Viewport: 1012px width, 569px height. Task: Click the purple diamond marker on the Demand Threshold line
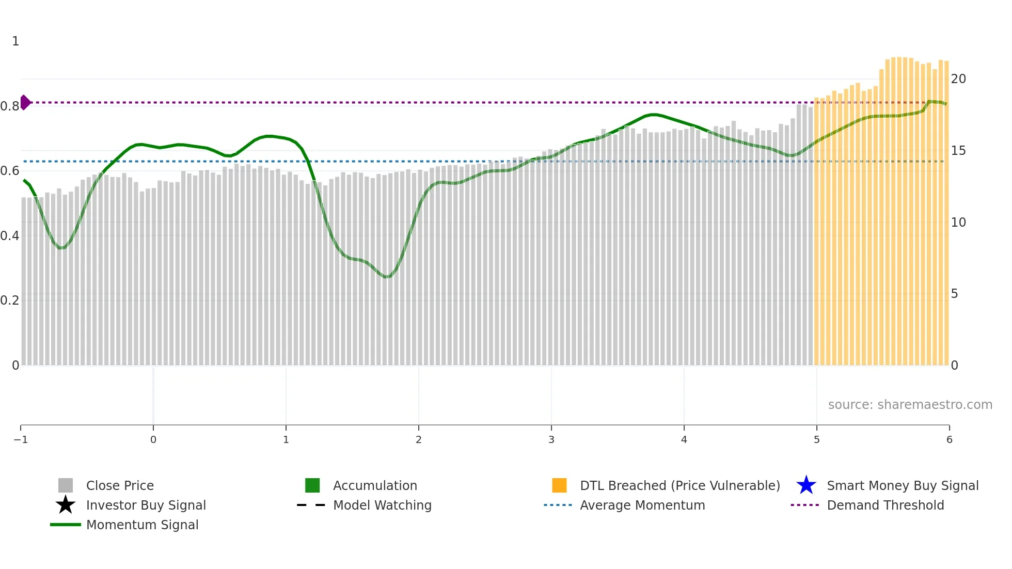(25, 102)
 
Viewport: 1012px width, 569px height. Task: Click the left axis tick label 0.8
(10, 106)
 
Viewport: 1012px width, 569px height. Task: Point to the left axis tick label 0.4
(10, 236)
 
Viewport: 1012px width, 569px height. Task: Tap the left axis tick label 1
(15, 41)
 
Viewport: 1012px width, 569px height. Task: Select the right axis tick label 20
(958, 79)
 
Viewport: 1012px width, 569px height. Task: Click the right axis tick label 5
(954, 294)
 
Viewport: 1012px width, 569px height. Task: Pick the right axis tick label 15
(958, 151)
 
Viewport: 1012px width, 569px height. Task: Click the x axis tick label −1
(21, 440)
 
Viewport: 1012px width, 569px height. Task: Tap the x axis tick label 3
(551, 440)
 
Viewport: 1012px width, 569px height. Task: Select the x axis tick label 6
(949, 440)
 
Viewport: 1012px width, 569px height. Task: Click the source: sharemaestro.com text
(910, 405)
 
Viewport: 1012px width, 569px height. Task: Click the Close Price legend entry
(120, 486)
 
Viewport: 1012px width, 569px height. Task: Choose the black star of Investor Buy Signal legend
(66, 505)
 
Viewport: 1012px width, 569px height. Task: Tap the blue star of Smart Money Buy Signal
(806, 485)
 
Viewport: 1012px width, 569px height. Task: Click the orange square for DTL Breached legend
(559, 485)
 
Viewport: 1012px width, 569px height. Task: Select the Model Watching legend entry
(382, 505)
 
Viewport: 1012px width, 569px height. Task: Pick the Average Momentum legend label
(642, 505)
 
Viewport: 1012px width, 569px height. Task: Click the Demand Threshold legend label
(885, 505)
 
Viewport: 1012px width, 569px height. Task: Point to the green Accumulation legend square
(312, 485)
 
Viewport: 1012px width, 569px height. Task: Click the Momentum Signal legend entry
(142, 525)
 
